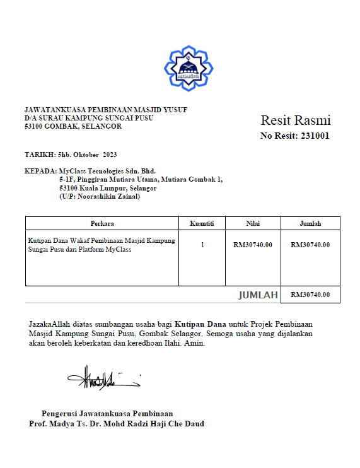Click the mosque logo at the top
[x=189, y=69]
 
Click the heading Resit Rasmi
[x=295, y=120]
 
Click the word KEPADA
[x=40, y=171]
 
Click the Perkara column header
[x=102, y=223]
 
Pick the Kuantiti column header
[x=202, y=223]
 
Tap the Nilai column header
[x=252, y=223]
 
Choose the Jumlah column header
[x=310, y=223]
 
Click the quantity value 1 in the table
[x=202, y=245]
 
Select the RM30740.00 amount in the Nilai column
[x=252, y=245]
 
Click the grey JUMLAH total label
[x=258, y=295]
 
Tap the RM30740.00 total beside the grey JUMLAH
[x=310, y=295]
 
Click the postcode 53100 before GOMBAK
[x=34, y=126]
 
